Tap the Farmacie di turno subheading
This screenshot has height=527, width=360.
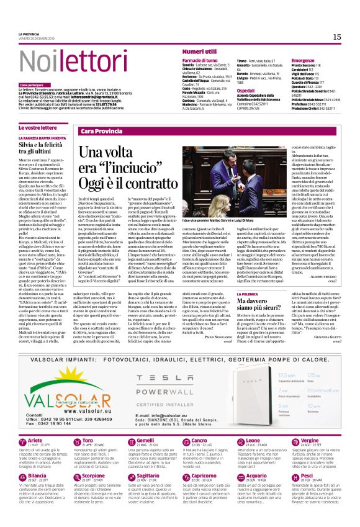(x=200, y=61)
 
